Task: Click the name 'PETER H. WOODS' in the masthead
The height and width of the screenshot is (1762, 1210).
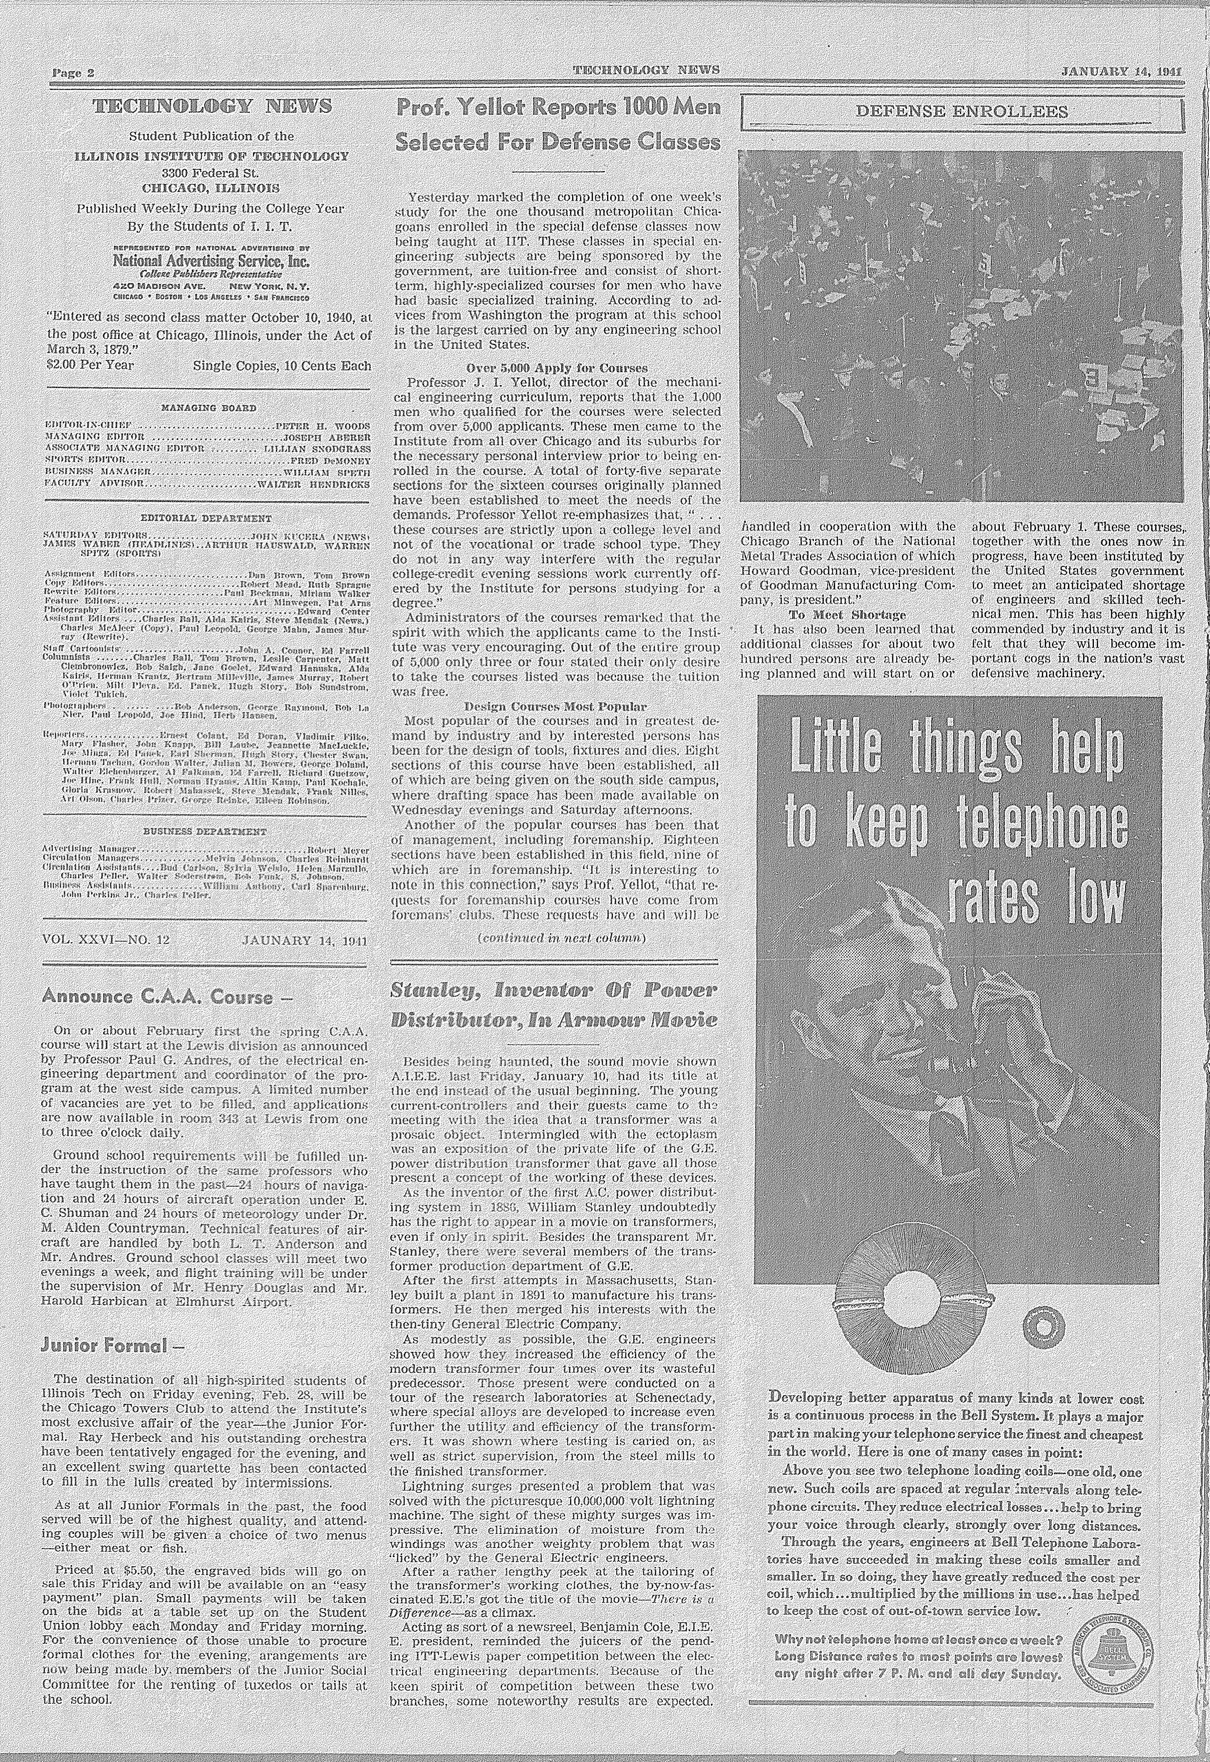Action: (324, 426)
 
